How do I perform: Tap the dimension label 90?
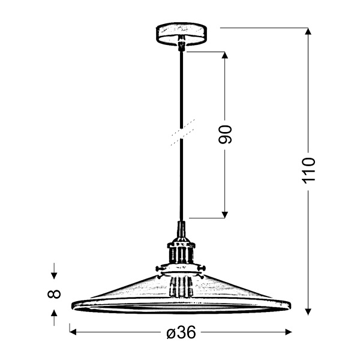tap(224, 135)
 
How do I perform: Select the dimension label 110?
tap(308, 170)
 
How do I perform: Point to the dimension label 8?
tap(54, 293)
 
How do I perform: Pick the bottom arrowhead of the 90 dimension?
tap(224, 214)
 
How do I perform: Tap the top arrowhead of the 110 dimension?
tap(308, 32)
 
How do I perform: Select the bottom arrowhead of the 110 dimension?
tap(308, 311)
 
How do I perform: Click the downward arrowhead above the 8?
tap(54, 275)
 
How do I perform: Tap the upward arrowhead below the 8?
tap(54, 313)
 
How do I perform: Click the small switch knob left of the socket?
tap(160, 267)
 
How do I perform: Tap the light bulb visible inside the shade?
tap(181, 287)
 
